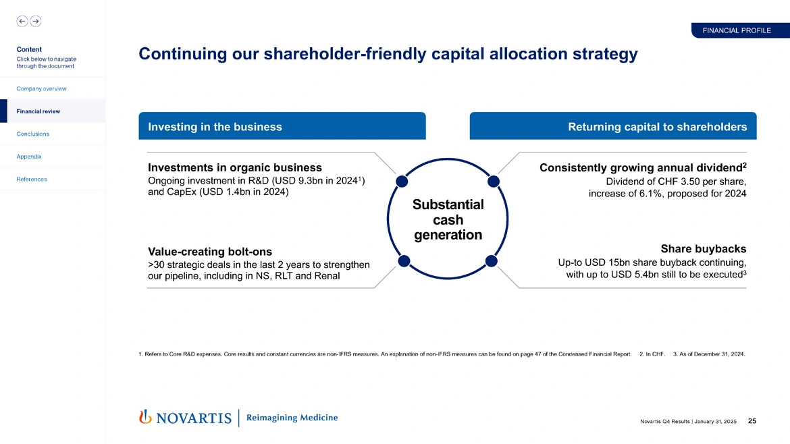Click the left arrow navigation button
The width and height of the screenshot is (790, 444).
tap(22, 21)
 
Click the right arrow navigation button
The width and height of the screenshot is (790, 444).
tap(35, 21)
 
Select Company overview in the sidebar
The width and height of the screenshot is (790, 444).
tap(41, 89)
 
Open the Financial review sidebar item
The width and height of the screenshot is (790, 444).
tap(38, 111)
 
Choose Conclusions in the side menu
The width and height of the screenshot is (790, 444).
tap(32, 134)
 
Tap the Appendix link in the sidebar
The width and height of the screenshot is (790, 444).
tap(29, 157)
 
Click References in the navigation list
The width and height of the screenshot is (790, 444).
tap(32, 179)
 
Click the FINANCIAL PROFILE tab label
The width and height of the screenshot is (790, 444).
tap(737, 30)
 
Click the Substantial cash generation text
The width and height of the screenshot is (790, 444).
tap(448, 219)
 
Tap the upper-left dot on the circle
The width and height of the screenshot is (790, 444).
tap(402, 181)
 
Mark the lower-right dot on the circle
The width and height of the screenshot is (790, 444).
tap(492, 260)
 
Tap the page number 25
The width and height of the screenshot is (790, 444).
tap(752, 422)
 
